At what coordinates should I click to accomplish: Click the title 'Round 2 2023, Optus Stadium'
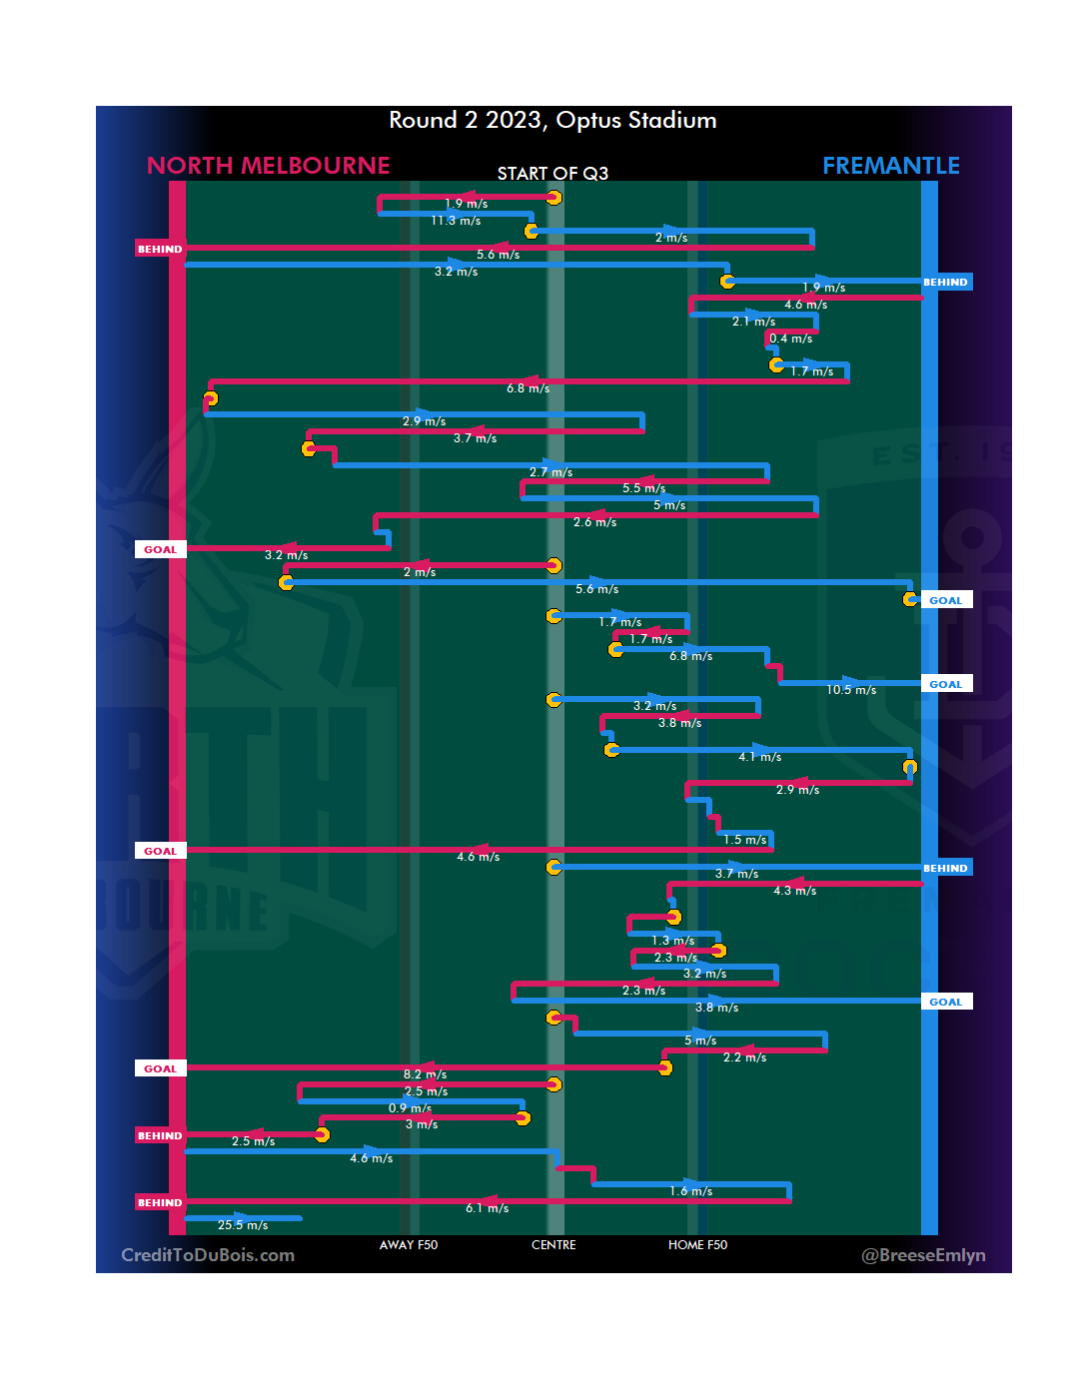click(552, 121)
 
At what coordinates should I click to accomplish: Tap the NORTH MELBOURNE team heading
click(268, 166)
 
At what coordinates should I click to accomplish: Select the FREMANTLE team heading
click(890, 166)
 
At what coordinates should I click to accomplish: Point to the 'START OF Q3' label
click(552, 174)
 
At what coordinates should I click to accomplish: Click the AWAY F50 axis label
click(408, 1245)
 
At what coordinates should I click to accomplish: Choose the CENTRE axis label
click(553, 1245)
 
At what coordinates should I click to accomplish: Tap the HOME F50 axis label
click(697, 1245)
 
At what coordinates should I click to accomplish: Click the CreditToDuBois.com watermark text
click(208, 1255)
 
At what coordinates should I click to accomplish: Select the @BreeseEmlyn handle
click(923, 1255)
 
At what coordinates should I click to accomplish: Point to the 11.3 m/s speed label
click(456, 221)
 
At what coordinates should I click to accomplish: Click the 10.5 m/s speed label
click(851, 690)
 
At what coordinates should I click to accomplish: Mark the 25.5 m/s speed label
click(243, 1225)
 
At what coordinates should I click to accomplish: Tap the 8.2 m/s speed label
click(425, 1074)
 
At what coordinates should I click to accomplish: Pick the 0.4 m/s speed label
click(790, 339)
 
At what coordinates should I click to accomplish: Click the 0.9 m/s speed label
click(410, 1108)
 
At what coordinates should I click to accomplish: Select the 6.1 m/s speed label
click(487, 1208)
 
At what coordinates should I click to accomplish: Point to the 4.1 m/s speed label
click(759, 757)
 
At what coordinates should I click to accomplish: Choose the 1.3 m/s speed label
click(672, 941)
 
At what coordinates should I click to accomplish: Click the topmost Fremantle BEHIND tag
click(945, 283)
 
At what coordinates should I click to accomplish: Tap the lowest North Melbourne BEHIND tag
click(160, 1202)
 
